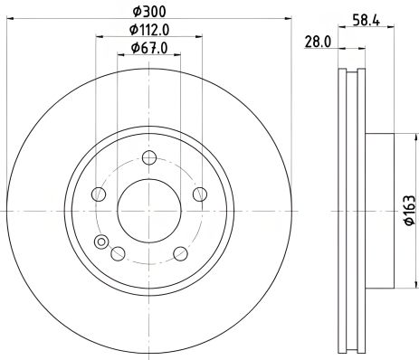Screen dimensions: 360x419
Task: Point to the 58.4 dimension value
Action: click(363, 16)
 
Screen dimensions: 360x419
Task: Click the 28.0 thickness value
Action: click(315, 42)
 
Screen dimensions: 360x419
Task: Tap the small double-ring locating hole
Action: click(100, 242)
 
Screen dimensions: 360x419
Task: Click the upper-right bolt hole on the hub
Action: click(199, 192)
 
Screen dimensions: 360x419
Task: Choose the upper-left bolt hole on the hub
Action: click(96, 192)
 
